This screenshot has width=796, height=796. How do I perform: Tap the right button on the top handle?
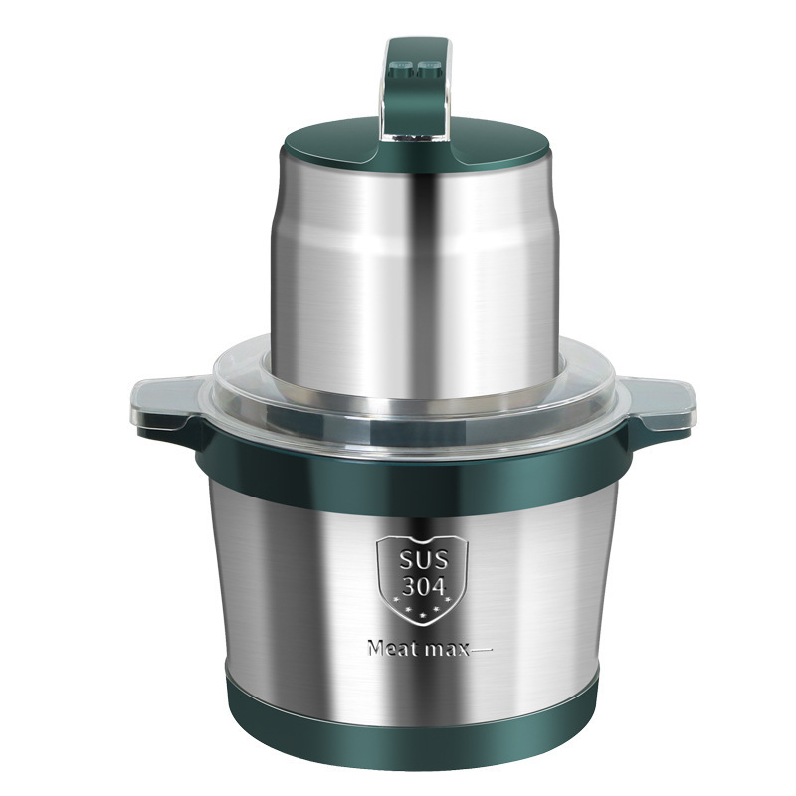pyautogui.click(x=429, y=66)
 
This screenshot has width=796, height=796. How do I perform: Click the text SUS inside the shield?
pyautogui.click(x=424, y=560)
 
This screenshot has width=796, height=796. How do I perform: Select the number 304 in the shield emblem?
pyautogui.click(x=424, y=586)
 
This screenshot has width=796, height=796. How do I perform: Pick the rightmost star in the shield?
pyautogui.click(x=448, y=601)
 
